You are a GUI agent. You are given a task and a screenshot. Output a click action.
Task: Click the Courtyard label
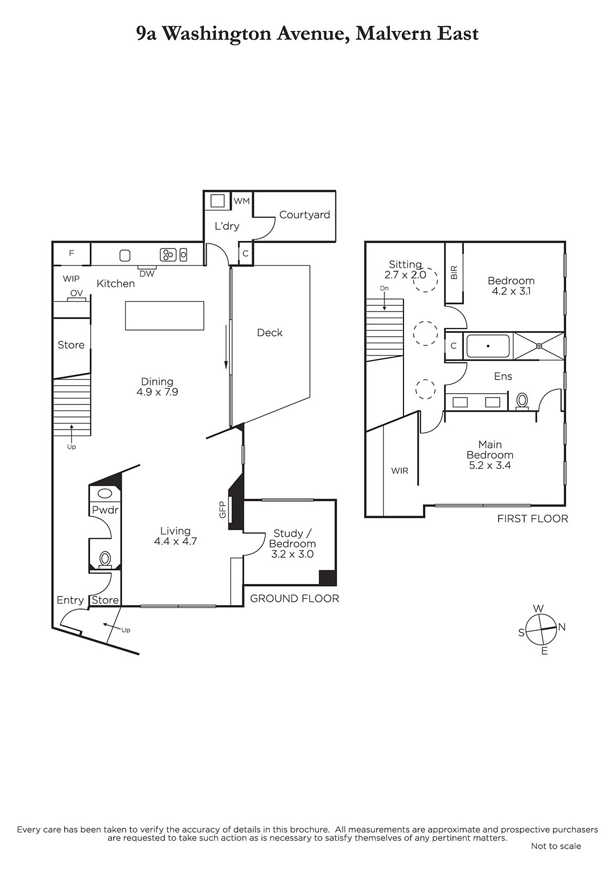click(x=304, y=215)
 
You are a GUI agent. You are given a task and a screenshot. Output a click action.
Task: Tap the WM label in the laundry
click(x=241, y=201)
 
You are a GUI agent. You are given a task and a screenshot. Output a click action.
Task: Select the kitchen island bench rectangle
click(x=165, y=316)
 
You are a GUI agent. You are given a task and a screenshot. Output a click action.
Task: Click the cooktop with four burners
click(x=168, y=255)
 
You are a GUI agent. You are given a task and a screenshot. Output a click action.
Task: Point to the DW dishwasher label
click(x=147, y=274)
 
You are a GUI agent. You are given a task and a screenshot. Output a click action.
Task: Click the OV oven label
click(x=77, y=293)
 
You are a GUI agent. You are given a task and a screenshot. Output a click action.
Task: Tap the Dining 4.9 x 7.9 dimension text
click(x=157, y=392)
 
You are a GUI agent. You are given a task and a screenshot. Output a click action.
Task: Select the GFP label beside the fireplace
click(x=222, y=509)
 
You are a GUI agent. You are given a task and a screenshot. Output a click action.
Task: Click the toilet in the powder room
click(x=105, y=560)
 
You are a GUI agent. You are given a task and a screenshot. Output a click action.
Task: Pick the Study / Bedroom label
click(x=292, y=538)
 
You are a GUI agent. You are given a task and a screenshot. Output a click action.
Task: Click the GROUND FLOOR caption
click(x=295, y=599)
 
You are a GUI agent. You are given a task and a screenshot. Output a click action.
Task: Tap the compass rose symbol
click(x=541, y=629)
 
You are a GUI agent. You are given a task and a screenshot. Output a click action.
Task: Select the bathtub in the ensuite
click(x=488, y=346)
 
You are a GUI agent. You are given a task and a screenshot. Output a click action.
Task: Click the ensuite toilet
click(x=522, y=401)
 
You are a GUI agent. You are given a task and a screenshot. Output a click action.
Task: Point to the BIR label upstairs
click(x=454, y=272)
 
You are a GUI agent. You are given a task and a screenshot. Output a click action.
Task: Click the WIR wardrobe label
click(x=399, y=471)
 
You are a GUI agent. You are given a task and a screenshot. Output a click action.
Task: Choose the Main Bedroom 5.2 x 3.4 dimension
click(x=490, y=465)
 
